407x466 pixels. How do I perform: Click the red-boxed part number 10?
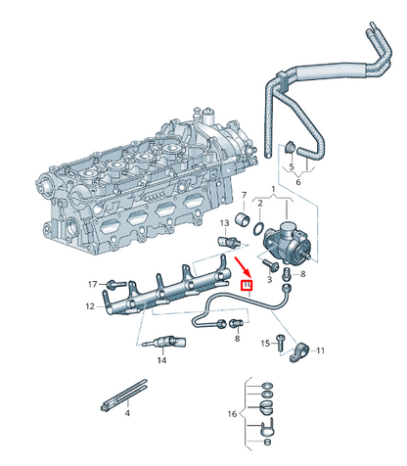click(x=248, y=287)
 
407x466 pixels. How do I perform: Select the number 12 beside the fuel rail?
click(x=89, y=306)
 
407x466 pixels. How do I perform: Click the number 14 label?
click(x=162, y=361)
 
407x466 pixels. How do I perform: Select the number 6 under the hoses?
click(x=297, y=182)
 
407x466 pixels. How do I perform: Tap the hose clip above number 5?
click(x=290, y=148)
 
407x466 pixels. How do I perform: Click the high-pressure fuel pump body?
click(x=290, y=239)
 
